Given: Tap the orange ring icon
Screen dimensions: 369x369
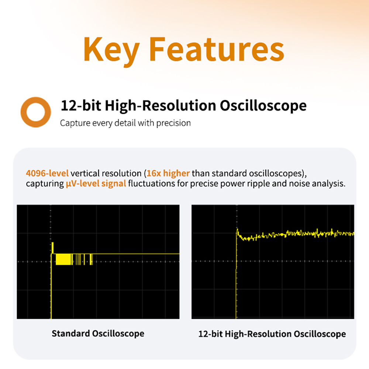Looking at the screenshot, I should tap(36, 112).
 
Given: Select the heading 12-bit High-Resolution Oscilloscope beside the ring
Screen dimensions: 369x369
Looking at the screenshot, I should tap(183, 106).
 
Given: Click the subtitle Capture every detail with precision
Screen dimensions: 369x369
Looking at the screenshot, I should tap(125, 123).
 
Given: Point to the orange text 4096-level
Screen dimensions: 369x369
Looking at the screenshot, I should tap(47, 173).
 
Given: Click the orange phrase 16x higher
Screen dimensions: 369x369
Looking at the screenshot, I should tap(168, 173).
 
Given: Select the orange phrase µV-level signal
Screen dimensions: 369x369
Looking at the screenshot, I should tap(96, 183).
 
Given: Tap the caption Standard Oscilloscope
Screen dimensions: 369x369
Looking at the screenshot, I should tap(98, 334).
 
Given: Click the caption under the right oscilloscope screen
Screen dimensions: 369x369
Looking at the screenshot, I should tap(272, 334).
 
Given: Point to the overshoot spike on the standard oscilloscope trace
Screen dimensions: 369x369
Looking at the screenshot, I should tap(53, 247).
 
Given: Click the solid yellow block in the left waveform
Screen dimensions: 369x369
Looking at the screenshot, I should tap(63, 259).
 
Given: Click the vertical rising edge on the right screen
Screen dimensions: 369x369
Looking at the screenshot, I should tap(236, 280).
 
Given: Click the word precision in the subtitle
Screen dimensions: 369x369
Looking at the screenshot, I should tap(173, 123).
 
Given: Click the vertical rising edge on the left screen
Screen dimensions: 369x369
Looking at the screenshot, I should tap(51, 288).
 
